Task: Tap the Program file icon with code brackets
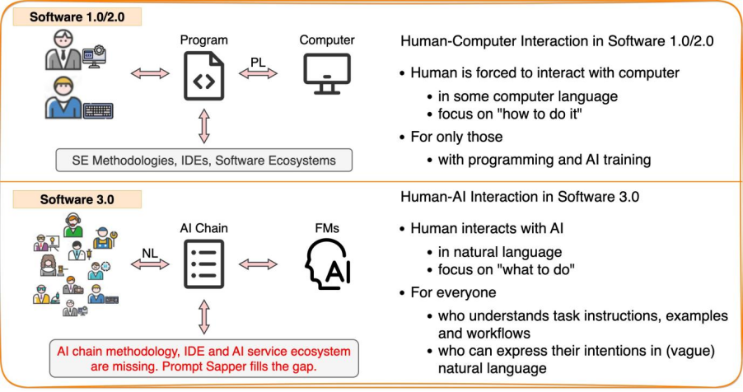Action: [x=204, y=76]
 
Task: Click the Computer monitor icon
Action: [x=327, y=75]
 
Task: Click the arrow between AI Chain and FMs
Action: [x=259, y=264]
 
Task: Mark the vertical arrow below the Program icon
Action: [x=204, y=125]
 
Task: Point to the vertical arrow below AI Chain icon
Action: [x=204, y=316]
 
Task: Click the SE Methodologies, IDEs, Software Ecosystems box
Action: [x=203, y=159]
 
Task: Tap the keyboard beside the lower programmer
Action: [x=97, y=110]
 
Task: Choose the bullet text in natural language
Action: [x=499, y=252]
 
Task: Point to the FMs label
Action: [x=327, y=225]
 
